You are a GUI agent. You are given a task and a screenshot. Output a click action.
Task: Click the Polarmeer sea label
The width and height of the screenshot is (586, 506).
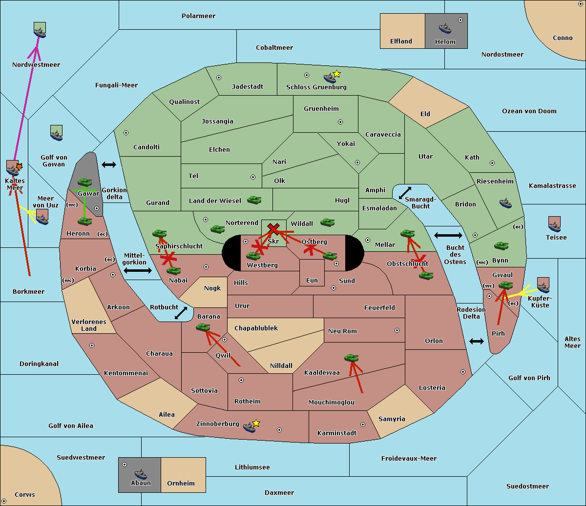(x=198, y=16)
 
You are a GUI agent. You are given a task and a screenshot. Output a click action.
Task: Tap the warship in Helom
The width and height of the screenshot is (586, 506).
(x=445, y=28)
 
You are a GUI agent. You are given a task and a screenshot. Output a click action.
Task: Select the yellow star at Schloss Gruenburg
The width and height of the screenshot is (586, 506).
(x=336, y=74)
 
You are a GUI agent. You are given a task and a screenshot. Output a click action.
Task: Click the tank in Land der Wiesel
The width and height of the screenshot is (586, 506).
(x=254, y=200)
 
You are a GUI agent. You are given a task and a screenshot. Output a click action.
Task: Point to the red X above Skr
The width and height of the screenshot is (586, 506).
(x=273, y=228)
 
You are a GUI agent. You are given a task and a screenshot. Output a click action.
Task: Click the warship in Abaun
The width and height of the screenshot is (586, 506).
(x=141, y=474)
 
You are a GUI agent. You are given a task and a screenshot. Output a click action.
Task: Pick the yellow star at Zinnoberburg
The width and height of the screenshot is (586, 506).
(x=256, y=423)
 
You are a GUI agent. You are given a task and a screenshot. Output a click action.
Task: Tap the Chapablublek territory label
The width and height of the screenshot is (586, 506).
(x=256, y=328)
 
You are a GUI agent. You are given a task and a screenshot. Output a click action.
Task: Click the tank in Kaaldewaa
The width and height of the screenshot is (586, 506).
(x=351, y=358)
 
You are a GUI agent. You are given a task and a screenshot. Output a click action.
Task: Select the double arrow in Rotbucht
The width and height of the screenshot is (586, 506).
(x=181, y=313)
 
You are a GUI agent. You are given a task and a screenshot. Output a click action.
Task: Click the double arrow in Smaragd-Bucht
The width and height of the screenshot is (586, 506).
(x=405, y=193)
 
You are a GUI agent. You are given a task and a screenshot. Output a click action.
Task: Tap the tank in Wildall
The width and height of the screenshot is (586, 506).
(x=328, y=223)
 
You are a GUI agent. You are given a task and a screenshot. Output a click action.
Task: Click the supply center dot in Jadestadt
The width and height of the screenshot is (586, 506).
(x=219, y=78)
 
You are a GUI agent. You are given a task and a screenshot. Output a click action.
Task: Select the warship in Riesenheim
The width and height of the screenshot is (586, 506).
(x=505, y=203)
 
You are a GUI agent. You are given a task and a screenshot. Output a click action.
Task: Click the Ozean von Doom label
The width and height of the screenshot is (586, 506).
(x=529, y=111)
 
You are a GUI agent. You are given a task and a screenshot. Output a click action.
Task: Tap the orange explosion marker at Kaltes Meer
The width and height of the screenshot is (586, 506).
(x=19, y=166)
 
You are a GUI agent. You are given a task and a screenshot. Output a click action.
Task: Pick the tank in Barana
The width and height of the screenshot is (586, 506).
(x=203, y=327)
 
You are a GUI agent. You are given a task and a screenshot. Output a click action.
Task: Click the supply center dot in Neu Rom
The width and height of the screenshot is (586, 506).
(x=397, y=330)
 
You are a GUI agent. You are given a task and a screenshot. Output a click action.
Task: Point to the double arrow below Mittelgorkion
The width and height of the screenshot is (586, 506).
(x=138, y=270)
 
